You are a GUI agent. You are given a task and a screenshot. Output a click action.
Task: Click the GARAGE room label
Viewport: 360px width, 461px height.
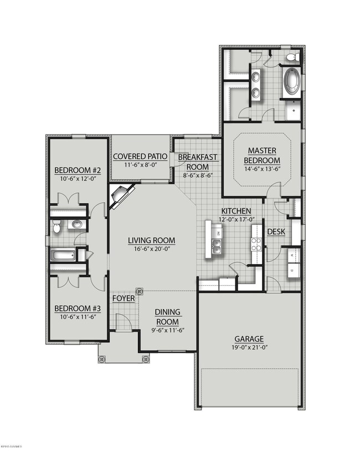[x=249, y=339]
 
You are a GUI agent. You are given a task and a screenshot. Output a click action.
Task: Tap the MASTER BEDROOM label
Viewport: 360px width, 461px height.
[x=262, y=155]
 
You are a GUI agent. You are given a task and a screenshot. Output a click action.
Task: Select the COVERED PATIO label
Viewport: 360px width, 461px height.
[x=140, y=156]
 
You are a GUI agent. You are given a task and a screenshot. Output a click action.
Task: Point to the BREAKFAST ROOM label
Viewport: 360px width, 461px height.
[x=197, y=162]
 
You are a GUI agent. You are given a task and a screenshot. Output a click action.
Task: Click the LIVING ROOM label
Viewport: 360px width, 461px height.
[x=152, y=240]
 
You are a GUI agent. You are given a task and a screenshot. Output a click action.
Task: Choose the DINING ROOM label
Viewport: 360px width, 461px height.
[x=167, y=317]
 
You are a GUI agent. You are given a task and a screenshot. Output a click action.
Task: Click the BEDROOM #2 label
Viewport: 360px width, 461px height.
[x=77, y=170]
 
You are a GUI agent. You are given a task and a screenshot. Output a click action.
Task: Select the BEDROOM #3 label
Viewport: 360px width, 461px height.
[x=76, y=309]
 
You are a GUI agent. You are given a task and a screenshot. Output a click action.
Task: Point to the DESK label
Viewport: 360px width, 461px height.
[x=276, y=232]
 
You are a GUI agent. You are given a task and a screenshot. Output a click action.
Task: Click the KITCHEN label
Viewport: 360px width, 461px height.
[x=236, y=211]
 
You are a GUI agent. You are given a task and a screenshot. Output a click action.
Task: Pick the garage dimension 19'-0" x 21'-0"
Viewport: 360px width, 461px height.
[x=249, y=347]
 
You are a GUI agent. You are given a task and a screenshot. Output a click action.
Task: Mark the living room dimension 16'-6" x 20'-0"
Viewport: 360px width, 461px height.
[x=152, y=249]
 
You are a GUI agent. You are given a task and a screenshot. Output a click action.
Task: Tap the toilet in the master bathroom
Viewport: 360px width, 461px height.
[x=292, y=58]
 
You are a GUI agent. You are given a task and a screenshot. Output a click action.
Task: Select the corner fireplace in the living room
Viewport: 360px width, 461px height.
[x=121, y=196]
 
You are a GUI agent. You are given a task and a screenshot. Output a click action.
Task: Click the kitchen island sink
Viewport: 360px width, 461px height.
[x=218, y=245]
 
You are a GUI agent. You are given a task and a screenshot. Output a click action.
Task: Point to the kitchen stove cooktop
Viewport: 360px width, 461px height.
[x=256, y=244]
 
